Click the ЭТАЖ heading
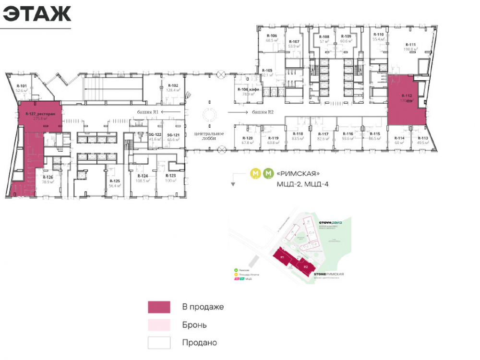37,14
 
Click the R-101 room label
21,86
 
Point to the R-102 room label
172,85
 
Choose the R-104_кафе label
248,90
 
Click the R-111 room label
410,43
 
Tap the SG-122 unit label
155,134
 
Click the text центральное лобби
209,135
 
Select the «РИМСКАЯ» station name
298,174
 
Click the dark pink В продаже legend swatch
159,307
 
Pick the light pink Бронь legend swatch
159,325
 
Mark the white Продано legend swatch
159,343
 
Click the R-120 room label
247,138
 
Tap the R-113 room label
422,138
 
